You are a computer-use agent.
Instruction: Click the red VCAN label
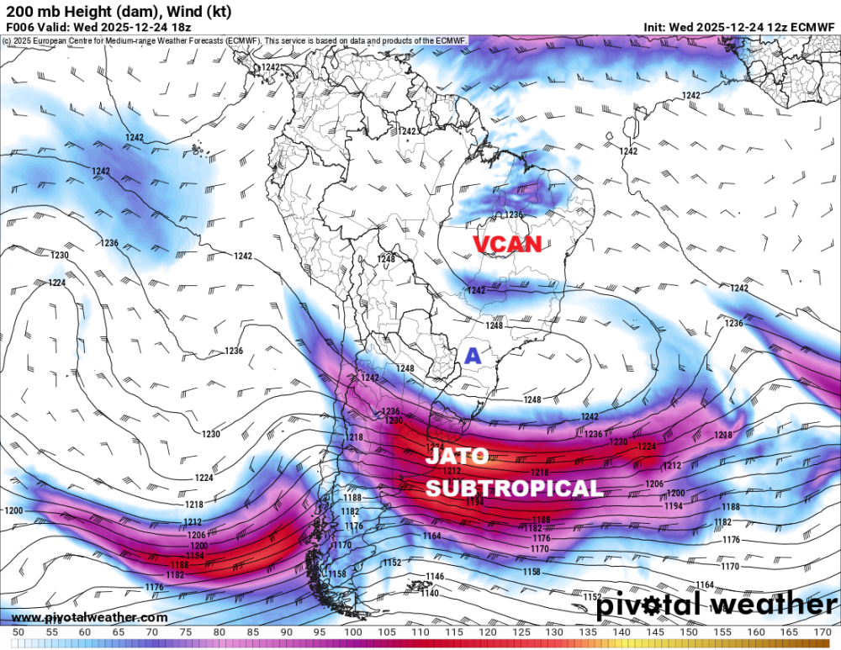507,245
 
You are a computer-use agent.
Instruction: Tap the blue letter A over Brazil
473,357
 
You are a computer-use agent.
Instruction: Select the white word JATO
457,457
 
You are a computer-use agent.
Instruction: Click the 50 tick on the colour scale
18,632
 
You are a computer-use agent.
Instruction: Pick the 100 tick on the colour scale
352,632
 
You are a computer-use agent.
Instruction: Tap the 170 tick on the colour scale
822,632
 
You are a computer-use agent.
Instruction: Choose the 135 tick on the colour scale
587,632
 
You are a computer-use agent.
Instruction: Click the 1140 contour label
430,594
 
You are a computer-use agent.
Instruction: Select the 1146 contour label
435,577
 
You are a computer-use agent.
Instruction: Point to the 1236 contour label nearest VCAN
513,215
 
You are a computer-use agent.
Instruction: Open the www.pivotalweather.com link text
89,617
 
